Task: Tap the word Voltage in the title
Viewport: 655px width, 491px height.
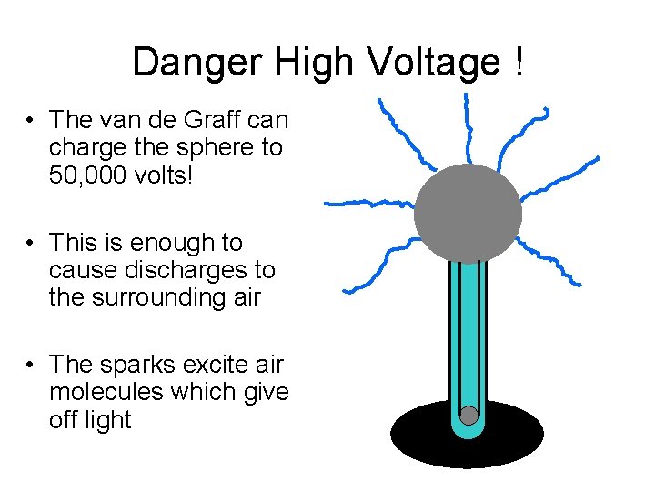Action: point(432,63)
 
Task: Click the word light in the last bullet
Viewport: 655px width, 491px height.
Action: point(106,420)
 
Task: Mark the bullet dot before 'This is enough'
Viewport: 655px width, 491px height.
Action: point(31,244)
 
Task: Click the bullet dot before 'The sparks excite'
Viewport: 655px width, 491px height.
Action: point(31,366)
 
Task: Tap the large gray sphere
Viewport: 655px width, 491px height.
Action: point(468,215)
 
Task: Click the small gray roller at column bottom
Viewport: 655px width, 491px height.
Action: point(469,416)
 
